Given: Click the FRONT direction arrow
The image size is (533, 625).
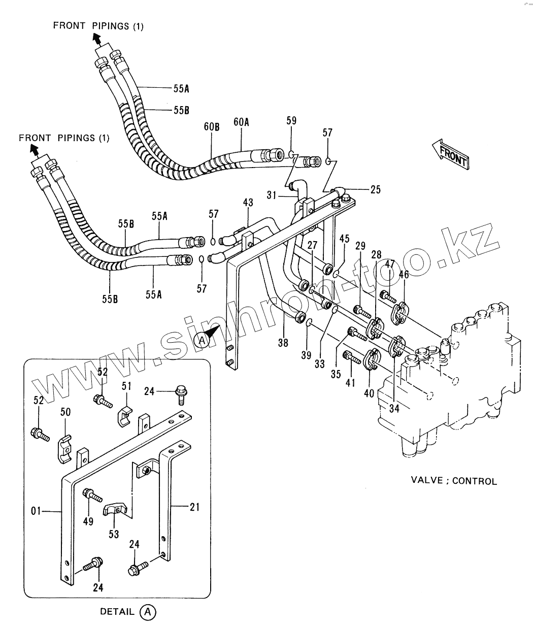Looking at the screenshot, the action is [x=450, y=154].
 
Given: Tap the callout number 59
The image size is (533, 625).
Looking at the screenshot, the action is [x=291, y=121].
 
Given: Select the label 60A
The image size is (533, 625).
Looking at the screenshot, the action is [x=241, y=122].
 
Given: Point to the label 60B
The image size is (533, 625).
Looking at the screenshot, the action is [x=211, y=127].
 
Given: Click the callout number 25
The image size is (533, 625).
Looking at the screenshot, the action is [x=376, y=189].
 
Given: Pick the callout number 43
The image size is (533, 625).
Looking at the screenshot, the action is [x=248, y=202].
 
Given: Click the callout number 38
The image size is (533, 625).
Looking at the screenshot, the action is [x=283, y=343].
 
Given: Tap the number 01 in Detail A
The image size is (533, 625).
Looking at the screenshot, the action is [x=36, y=511].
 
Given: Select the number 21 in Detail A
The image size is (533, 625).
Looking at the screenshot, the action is [x=194, y=507].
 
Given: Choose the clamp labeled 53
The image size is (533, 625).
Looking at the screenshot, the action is [x=116, y=511].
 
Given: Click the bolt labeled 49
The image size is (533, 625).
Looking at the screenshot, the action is [x=92, y=496].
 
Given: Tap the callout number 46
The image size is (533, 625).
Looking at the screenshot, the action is [x=404, y=275].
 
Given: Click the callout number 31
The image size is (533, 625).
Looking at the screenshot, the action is [x=272, y=195].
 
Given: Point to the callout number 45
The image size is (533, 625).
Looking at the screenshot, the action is [x=344, y=239].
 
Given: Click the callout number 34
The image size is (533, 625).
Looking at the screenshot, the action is [x=394, y=409].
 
